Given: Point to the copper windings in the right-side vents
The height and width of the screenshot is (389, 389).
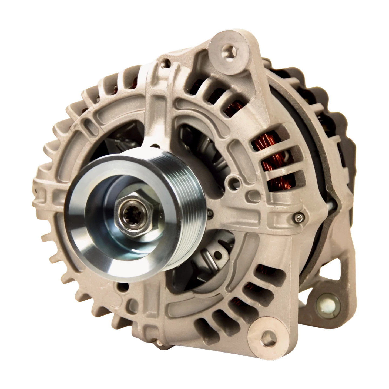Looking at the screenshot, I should [276, 162].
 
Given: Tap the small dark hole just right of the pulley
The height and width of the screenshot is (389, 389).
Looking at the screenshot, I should [210, 213].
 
